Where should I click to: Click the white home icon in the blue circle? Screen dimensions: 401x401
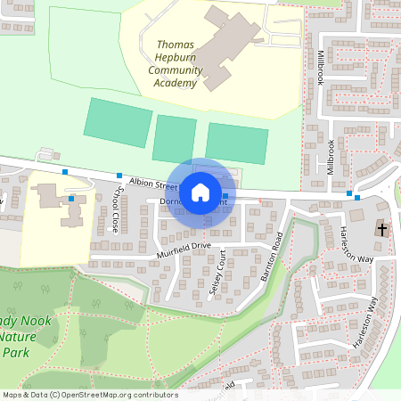pos(200,191)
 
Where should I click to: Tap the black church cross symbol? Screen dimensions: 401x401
pos(382,229)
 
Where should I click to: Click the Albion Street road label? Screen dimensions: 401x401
pos(152,183)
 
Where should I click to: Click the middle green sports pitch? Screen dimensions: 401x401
pos(174,139)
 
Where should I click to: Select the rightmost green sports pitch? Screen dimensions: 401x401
pos(236,143)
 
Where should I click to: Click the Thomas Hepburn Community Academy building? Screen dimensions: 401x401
pos(223,49)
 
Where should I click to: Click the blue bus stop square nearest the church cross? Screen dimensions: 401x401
pos(357,197)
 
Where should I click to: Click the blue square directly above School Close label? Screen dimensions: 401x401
pos(119,175)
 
